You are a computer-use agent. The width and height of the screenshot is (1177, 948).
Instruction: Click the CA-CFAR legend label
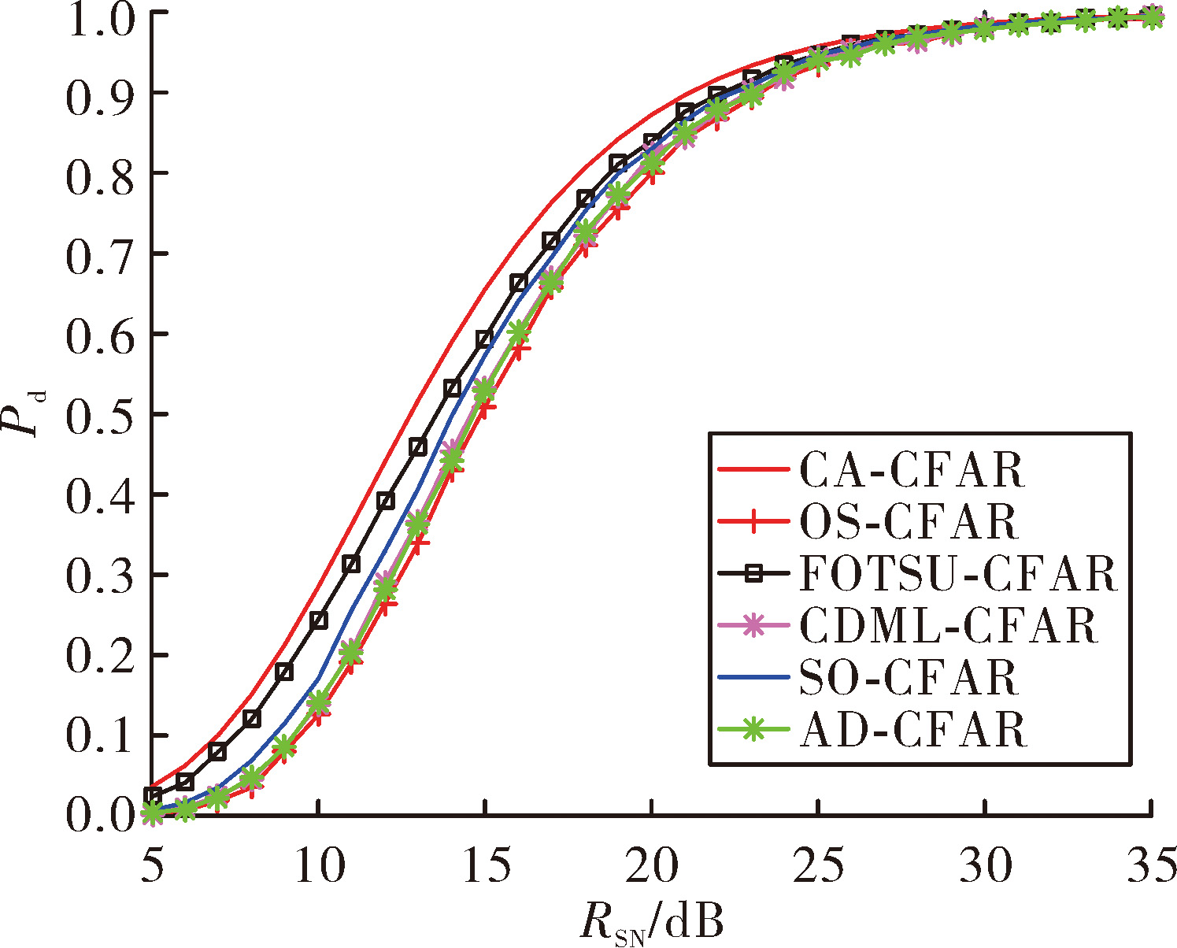(912, 470)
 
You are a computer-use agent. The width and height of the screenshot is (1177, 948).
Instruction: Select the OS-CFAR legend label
(909, 522)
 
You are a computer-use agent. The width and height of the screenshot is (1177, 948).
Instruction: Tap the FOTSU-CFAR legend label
(958, 574)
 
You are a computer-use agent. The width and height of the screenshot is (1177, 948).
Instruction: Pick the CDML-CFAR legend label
(949, 625)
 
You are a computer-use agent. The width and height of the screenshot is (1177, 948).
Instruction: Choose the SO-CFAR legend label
(909, 677)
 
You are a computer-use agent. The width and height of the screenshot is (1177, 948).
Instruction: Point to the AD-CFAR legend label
(912, 729)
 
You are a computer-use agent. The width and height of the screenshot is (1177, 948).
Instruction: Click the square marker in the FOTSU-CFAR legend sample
(754, 574)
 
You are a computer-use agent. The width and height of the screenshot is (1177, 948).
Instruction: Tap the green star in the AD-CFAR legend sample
(754, 729)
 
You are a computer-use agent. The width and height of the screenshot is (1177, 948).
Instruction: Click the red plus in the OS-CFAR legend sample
(754, 522)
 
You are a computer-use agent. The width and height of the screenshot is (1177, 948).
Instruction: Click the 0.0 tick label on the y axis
(99, 815)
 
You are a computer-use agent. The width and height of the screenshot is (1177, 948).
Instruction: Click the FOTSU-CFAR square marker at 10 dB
(320, 620)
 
